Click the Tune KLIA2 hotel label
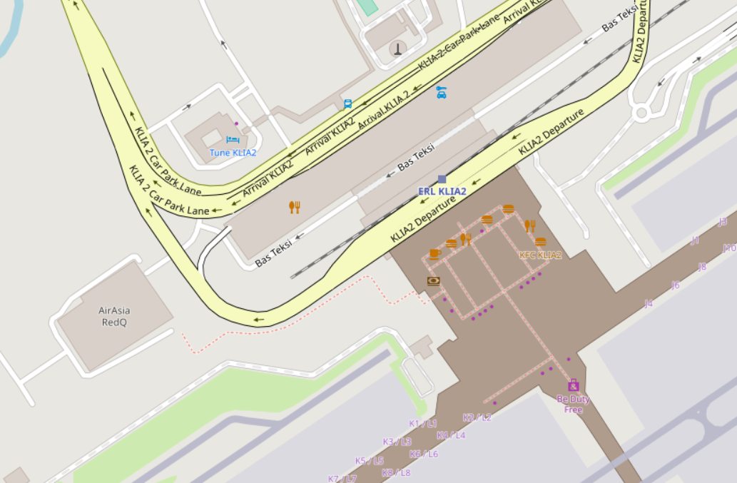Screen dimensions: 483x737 233,153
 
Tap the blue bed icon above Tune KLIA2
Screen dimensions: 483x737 233,141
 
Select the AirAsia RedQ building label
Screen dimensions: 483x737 114,316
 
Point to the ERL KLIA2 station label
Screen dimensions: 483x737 442,191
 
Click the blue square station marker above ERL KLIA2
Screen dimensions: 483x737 442,179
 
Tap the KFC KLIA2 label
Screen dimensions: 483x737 540,255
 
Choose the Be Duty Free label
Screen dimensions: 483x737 573,405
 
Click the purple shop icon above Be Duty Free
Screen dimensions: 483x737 573,386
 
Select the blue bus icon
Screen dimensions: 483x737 347,103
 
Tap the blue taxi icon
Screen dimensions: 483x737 442,91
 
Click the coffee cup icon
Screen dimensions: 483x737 434,253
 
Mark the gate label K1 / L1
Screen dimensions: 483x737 423,424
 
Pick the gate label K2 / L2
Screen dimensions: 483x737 477,417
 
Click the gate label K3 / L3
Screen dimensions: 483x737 397,442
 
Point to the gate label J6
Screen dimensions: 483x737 675,285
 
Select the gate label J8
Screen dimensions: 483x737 702,267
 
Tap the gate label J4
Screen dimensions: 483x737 649,304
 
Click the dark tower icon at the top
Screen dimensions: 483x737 397,49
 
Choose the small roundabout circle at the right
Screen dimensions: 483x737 641,112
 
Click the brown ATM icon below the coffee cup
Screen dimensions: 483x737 433,281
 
